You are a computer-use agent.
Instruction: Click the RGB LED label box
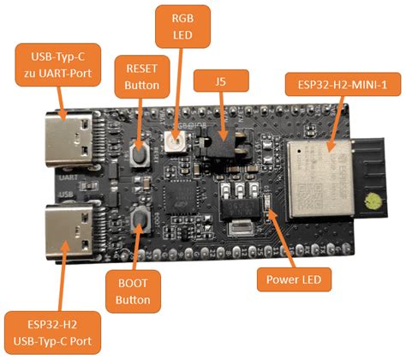[x=182, y=27]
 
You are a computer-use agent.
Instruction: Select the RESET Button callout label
[x=142, y=75]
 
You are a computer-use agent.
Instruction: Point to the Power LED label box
[x=294, y=279]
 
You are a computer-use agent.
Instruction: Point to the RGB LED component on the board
[x=175, y=137]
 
